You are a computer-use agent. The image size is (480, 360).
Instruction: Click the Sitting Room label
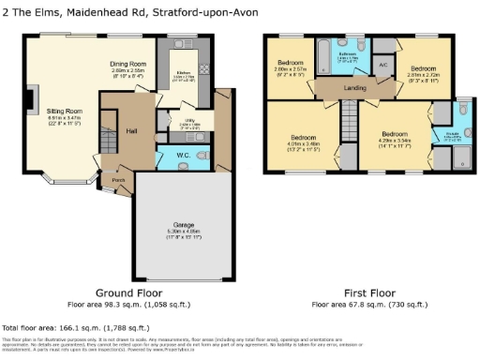coord(66,111)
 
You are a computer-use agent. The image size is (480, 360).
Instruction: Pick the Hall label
coord(130,129)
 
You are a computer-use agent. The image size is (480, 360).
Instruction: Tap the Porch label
coord(119,179)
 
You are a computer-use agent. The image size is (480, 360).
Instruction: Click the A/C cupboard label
coord(382,64)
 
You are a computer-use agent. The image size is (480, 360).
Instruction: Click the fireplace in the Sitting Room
coord(33,97)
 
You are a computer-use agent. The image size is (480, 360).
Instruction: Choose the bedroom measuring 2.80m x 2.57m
coord(291,66)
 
